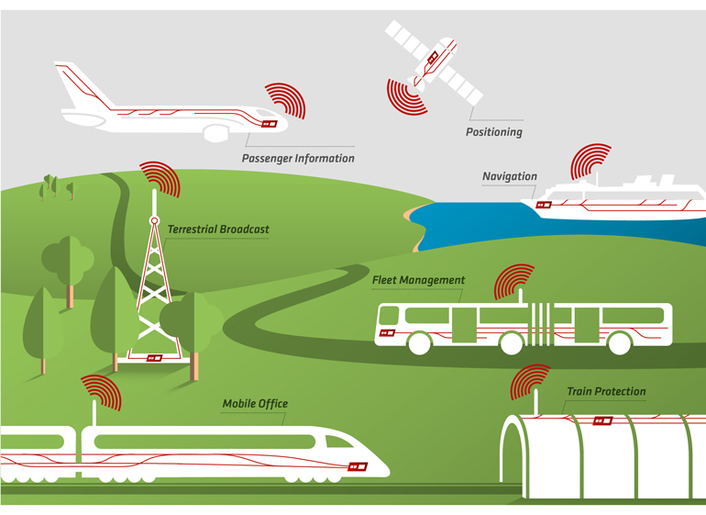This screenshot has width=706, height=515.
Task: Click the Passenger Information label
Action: tap(297, 158)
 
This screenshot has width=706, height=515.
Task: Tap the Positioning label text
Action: tap(493, 132)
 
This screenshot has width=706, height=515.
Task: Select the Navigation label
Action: tap(509, 176)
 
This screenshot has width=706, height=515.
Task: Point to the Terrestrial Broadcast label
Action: tap(218, 230)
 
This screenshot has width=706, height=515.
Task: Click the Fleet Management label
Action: tap(418, 280)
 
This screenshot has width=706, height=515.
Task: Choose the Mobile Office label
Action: tap(255, 404)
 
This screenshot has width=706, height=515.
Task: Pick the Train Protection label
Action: tap(605, 392)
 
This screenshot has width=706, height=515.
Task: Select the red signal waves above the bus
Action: tap(513, 283)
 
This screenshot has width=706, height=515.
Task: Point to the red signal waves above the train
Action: tap(101, 393)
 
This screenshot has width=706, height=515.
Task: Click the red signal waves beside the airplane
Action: tap(283, 100)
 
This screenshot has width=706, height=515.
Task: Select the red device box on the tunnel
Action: tap(602, 421)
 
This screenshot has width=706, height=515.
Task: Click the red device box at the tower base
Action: tap(154, 358)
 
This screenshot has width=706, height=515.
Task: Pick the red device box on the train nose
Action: tap(358, 466)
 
